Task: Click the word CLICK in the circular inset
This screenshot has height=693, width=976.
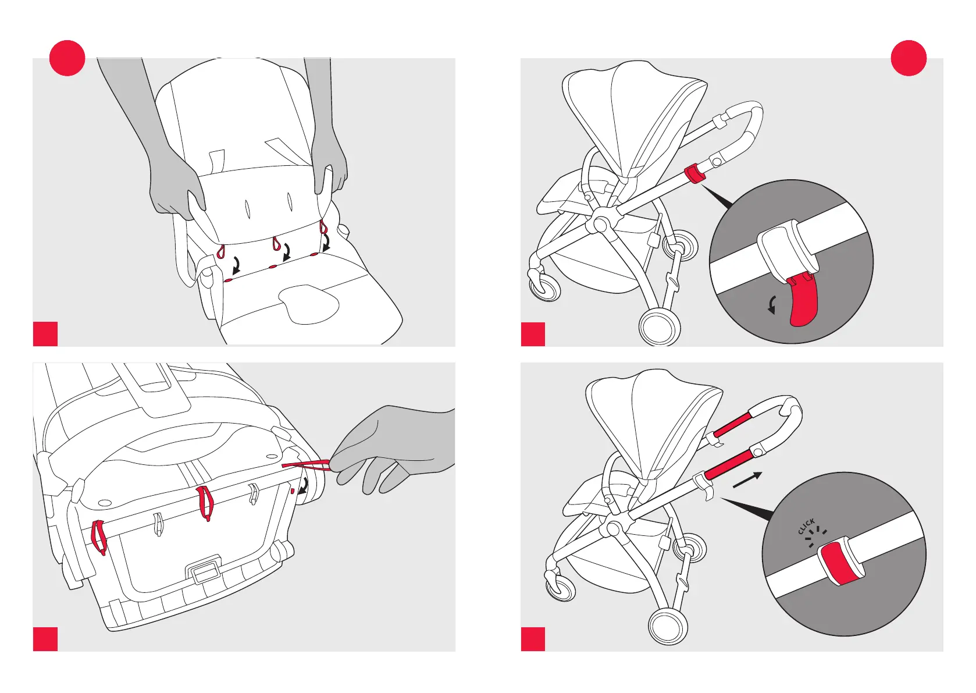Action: (x=806, y=526)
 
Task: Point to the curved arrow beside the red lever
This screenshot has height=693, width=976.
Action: (x=772, y=304)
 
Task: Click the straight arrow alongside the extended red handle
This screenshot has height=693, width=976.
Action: (x=747, y=480)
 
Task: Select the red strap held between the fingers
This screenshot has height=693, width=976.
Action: (x=307, y=464)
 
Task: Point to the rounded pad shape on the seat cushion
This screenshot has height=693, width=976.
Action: (x=308, y=303)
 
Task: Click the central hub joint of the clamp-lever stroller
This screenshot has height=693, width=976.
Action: (x=600, y=223)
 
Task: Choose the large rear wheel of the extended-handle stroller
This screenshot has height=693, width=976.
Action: (x=668, y=626)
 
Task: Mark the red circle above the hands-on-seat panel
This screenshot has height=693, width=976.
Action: (x=67, y=58)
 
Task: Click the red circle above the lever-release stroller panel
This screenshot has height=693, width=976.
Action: (x=909, y=58)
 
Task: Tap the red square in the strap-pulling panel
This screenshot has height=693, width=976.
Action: (x=45, y=639)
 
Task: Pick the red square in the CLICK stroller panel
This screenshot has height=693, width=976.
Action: (x=533, y=639)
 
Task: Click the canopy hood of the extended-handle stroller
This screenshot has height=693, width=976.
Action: (x=651, y=419)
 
